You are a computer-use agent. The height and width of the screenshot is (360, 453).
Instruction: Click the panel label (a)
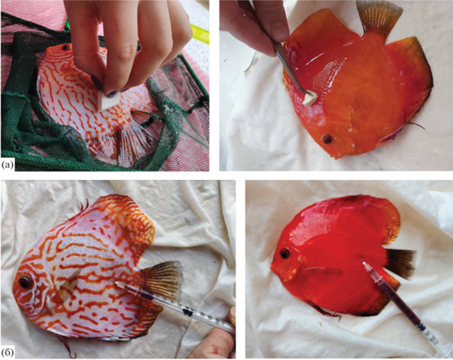(7, 165)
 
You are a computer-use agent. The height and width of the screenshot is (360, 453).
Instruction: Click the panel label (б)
(7, 353)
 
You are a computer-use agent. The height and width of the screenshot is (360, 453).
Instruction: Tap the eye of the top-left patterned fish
(65, 46)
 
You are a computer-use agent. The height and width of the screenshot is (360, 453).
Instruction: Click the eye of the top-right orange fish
(327, 139)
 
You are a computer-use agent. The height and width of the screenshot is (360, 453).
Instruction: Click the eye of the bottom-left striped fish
(25, 282)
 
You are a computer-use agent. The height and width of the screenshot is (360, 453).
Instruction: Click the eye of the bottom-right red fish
(284, 253)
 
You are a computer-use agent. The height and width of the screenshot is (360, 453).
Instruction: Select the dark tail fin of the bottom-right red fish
(400, 264)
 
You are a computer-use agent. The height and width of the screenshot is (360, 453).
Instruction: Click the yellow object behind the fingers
(199, 34)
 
